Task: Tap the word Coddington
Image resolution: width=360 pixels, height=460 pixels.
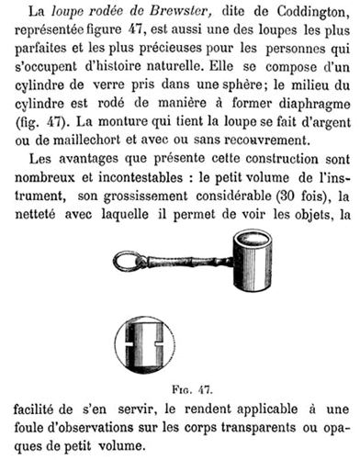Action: coord(314,12)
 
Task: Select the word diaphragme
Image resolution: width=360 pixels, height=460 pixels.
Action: coord(314,105)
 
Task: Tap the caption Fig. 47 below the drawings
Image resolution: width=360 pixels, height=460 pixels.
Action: coord(192,390)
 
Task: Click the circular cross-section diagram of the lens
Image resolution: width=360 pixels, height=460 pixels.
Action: coord(145,344)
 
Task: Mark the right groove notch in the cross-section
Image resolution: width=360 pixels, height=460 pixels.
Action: coord(159,344)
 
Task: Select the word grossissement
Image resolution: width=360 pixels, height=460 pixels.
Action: coord(145,196)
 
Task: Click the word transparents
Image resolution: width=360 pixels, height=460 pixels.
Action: coord(258,428)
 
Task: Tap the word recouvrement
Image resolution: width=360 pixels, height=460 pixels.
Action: coord(265,140)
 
